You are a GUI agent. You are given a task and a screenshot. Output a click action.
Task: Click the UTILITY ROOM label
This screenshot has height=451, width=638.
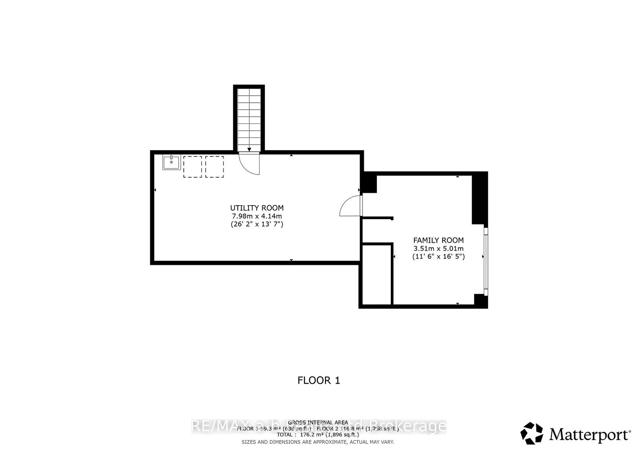(257, 208)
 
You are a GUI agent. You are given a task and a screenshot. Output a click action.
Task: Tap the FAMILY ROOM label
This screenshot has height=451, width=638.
(438, 240)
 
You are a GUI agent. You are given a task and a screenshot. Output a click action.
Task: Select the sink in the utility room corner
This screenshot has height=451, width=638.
(171, 163)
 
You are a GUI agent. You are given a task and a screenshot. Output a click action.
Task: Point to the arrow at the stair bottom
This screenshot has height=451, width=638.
(249, 149)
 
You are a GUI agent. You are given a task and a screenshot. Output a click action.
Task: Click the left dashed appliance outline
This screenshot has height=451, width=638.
(193, 167)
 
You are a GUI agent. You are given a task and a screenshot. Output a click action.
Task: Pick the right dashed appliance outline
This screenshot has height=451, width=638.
(215, 167)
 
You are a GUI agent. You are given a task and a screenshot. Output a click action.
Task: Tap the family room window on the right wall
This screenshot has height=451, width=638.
(485, 261)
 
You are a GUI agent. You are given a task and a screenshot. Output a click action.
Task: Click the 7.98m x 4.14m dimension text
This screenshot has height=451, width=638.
(257, 216)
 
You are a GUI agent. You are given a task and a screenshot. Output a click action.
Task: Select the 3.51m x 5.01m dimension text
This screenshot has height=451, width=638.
(438, 249)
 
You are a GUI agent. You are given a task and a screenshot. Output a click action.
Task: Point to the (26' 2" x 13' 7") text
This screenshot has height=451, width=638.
(257, 224)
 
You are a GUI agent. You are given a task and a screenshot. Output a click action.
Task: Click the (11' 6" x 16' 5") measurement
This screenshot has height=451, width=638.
(438, 257)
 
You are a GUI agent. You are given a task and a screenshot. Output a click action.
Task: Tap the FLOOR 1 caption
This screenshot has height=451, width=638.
(319, 380)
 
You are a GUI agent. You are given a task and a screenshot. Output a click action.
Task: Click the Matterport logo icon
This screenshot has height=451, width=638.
(532, 433)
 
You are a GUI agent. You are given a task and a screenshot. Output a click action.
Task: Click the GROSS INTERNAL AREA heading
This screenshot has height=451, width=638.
(318, 422)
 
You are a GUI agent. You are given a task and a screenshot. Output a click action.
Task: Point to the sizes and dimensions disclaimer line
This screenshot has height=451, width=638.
(318, 442)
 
